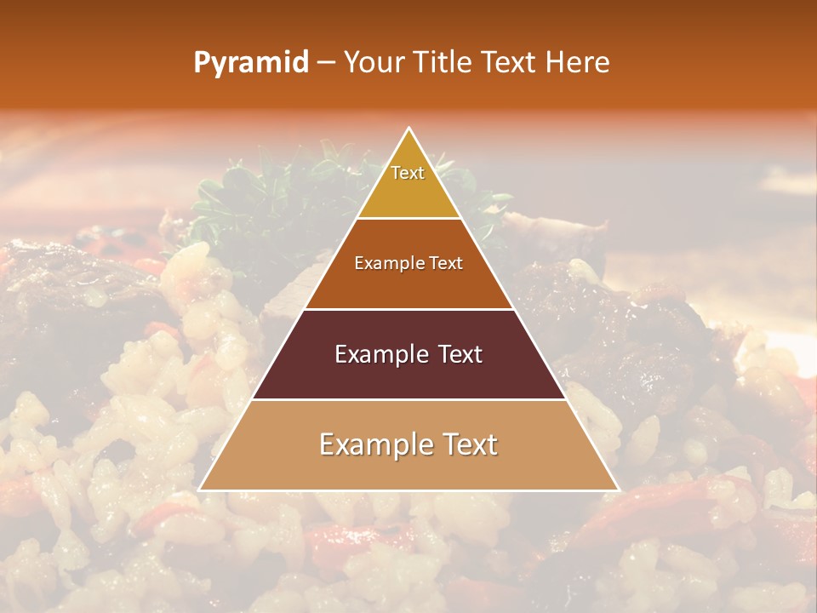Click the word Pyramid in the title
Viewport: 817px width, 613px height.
click(x=250, y=64)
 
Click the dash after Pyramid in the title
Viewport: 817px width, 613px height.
click(x=326, y=64)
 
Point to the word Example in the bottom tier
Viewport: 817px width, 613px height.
click(x=371, y=445)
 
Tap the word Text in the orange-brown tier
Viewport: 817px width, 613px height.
click(x=446, y=264)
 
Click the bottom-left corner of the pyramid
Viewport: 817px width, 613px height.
click(x=200, y=490)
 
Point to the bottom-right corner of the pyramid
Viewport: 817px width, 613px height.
click(x=618, y=490)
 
